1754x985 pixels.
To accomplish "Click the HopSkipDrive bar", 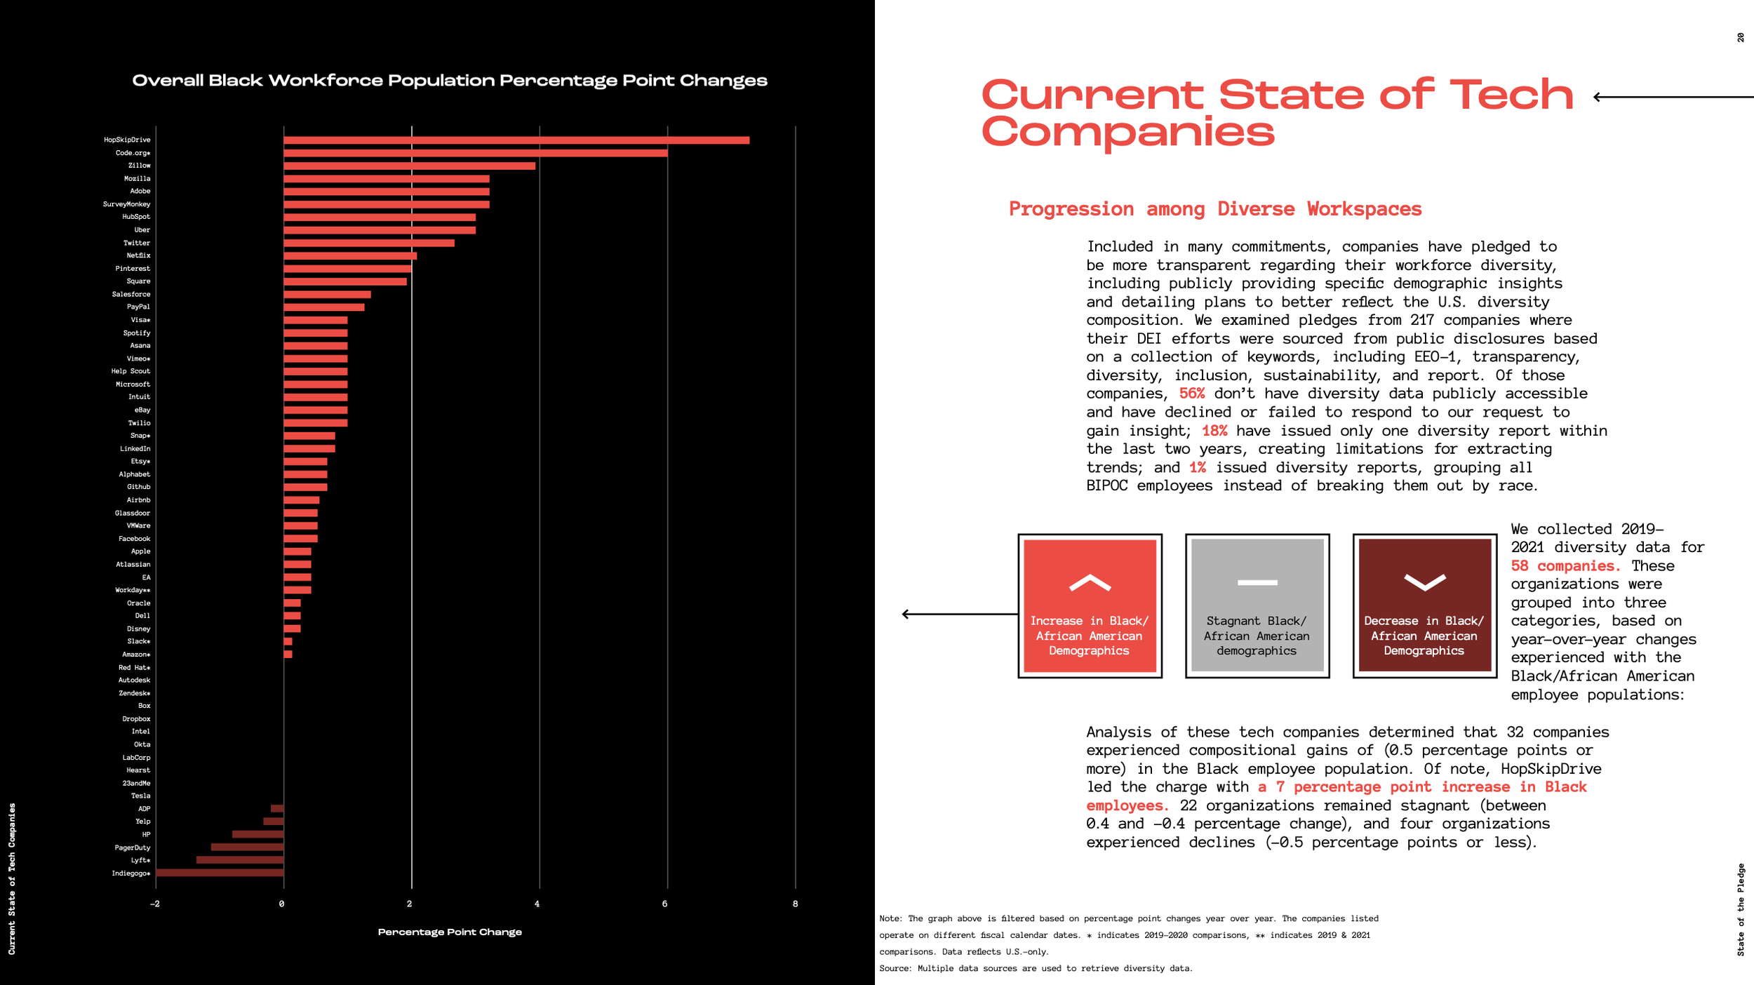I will [516, 140].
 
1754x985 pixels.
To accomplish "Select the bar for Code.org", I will [475, 153].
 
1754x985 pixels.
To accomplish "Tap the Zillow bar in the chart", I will [409, 166].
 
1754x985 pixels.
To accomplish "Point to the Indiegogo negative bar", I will [220, 873].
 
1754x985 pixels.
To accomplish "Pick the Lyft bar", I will [240, 860].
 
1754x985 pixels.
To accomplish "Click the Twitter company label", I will [137, 243].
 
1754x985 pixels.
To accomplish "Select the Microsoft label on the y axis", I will [133, 384].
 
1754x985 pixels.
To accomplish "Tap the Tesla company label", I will [140, 796].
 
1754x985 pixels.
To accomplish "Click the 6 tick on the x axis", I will [665, 904].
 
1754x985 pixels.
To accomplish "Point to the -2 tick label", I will [155, 904].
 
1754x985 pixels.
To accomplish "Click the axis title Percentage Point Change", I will [450, 932].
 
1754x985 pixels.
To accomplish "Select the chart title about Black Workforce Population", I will [450, 81].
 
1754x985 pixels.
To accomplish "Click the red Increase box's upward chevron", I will [1090, 583].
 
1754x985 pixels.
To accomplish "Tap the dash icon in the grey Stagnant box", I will [1257, 582].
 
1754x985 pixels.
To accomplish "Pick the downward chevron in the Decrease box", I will [1424, 582].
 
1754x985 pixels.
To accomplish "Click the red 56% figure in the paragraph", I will [1191, 394].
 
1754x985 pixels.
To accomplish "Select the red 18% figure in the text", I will [1214, 431].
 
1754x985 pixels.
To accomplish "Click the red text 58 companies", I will [1565, 566].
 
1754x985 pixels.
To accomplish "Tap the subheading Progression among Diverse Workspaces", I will [1215, 209].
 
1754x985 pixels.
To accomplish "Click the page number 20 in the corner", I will [1741, 37].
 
